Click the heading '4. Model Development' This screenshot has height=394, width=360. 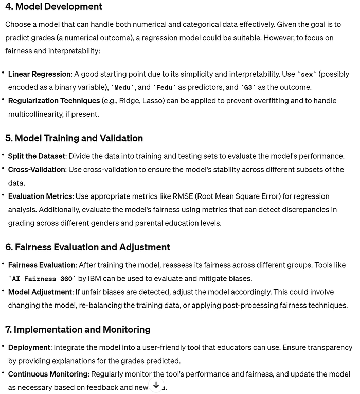53,7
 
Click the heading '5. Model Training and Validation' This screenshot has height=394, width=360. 74,138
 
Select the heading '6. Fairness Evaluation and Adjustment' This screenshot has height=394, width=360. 87,247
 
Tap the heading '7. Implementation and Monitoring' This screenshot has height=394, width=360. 78,329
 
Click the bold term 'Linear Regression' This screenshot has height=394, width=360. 40,74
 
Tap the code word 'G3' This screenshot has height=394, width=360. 248,87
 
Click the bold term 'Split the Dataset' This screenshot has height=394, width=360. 37,156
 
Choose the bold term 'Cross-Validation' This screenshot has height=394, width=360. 37,169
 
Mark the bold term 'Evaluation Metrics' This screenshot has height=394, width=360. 40,196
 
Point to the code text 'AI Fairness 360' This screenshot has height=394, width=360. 43,279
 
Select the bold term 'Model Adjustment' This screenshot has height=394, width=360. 40,292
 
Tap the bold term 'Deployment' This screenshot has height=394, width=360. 29,348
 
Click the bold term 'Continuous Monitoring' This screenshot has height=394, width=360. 48,374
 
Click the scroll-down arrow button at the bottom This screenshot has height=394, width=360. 156,385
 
